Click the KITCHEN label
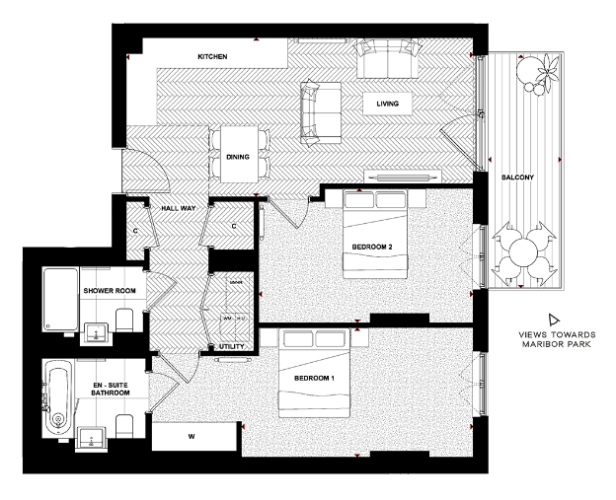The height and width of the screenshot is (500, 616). point(212,58)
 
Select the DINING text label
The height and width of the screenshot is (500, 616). point(238,157)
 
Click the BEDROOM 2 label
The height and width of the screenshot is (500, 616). point(375,247)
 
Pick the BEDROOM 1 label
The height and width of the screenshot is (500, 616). point(314,379)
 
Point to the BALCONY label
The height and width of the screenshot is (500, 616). point(517,178)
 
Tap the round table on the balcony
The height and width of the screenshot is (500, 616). point(522,252)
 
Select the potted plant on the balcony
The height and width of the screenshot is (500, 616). point(536,72)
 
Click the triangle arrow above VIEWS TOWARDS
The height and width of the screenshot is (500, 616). point(553,320)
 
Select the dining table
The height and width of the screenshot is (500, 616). point(238,155)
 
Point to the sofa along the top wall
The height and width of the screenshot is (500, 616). point(386,60)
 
